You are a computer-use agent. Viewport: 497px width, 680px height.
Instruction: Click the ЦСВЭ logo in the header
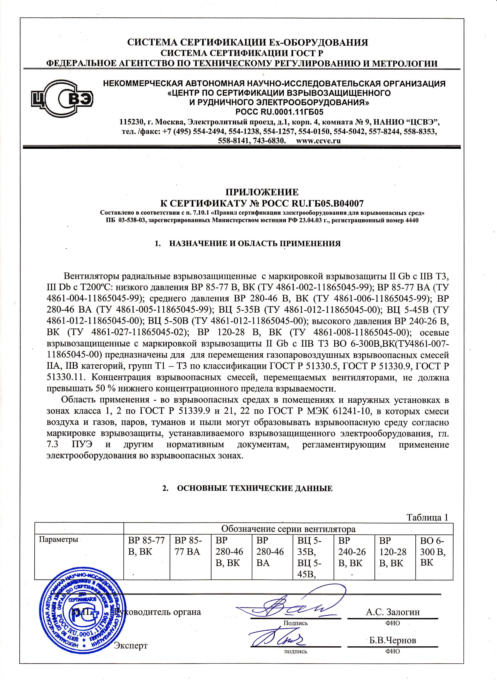pyautogui.click(x=62, y=98)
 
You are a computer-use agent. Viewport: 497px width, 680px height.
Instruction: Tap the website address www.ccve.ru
pyautogui.click(x=318, y=141)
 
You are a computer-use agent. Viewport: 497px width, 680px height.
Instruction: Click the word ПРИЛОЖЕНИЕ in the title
pyautogui.click(x=262, y=192)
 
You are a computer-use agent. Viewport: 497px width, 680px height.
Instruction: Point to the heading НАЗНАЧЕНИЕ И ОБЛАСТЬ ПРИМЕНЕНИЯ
pyautogui.click(x=255, y=243)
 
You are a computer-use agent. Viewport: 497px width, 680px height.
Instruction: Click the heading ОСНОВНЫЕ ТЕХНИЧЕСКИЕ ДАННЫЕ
pyautogui.click(x=255, y=488)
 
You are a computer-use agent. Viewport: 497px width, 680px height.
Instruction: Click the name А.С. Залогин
pyautogui.click(x=393, y=612)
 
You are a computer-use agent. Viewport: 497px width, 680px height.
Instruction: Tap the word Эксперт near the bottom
pyautogui.click(x=130, y=645)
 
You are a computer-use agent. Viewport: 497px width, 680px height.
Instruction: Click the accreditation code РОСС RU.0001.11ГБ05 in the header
pyautogui.click(x=279, y=112)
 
